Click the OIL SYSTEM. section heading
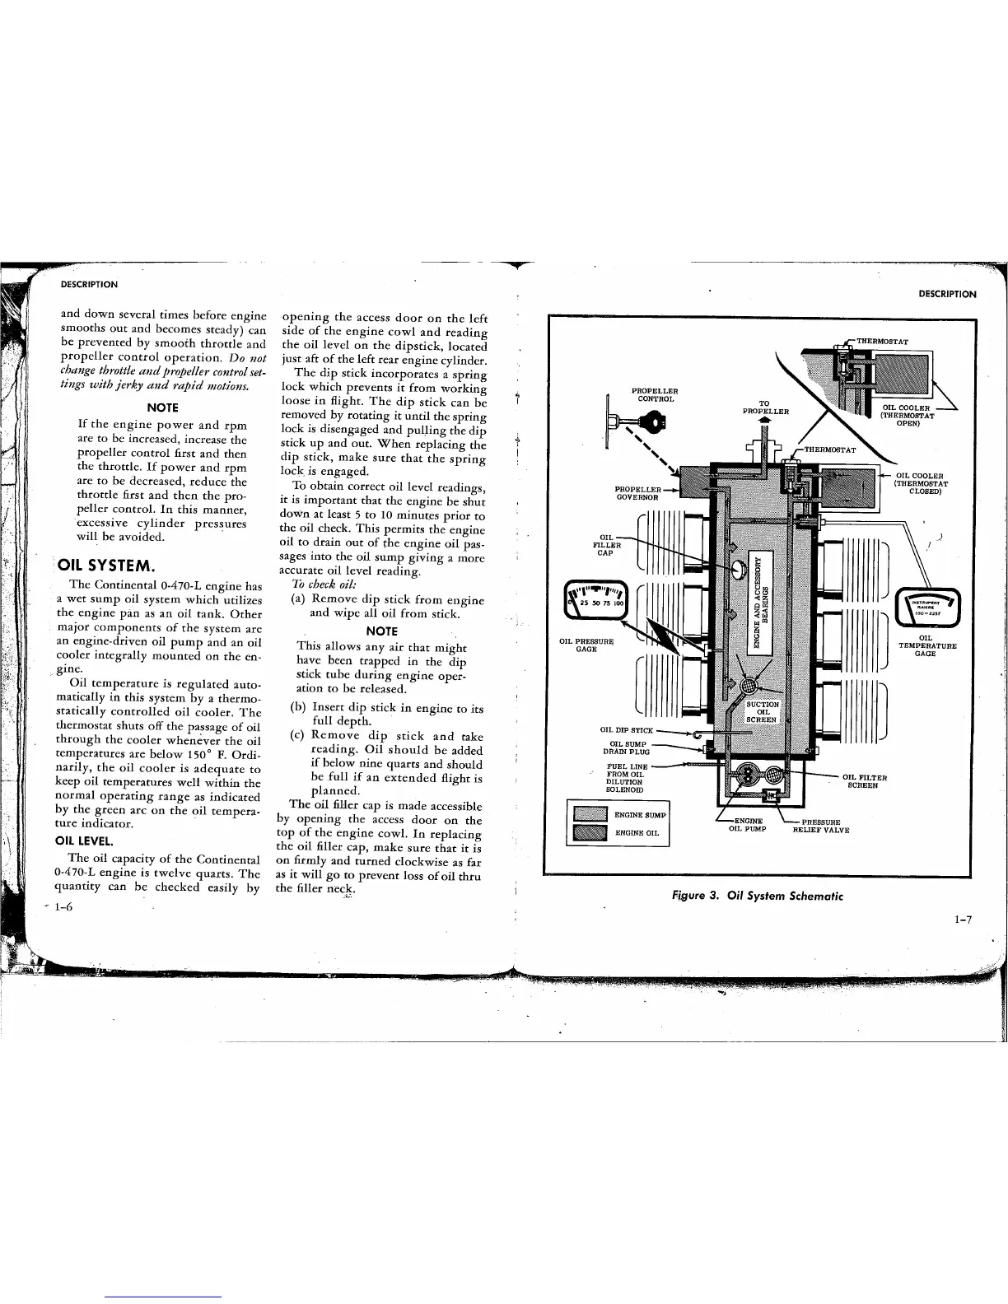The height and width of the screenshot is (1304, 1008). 105,566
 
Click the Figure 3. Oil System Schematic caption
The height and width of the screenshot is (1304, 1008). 758,896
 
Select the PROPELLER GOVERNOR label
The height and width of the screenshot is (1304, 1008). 637,493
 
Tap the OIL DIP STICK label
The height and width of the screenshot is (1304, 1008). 627,730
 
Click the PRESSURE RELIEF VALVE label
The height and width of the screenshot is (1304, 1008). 820,826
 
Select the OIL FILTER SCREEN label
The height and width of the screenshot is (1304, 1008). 864,780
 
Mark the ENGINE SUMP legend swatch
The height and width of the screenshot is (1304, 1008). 590,815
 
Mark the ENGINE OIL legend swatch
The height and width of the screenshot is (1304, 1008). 590,833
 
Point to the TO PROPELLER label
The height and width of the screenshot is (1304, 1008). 763,407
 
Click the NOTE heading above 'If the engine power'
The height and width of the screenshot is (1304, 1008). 162,407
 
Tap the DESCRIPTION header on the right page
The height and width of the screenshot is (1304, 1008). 947,294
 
